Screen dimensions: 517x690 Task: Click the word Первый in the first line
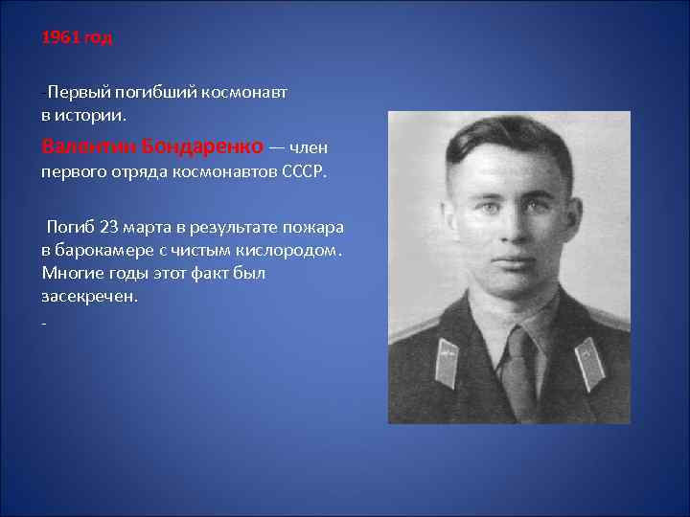pos(79,94)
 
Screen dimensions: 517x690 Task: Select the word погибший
pos(154,94)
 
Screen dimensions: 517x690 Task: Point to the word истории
pos(92,115)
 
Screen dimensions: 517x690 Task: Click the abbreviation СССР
pos(305,172)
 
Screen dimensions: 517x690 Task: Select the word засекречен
pos(88,296)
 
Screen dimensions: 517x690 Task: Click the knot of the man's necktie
pos(518,344)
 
